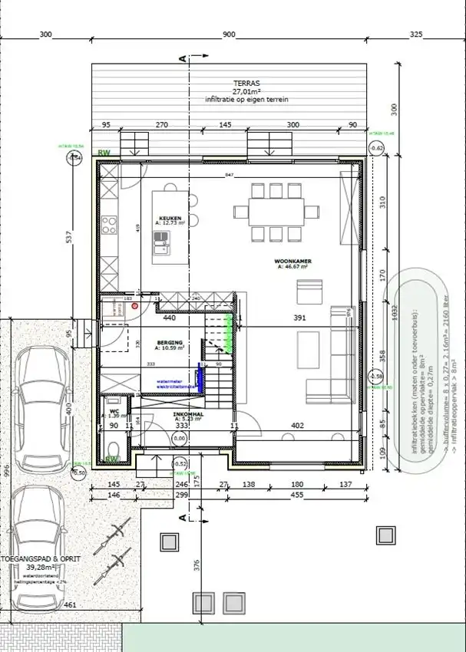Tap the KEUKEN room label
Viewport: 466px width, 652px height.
pos(170,219)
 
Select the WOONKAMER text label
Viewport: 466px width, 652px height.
pos(292,262)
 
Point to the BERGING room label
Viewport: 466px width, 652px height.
pos(170,342)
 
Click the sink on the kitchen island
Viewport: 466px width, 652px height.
pos(161,245)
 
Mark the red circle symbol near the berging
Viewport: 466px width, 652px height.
pos(134,305)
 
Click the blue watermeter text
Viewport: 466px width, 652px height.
pos(168,380)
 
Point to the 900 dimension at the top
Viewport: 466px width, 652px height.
pos(229,35)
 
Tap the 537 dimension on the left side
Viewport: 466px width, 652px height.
pos(68,237)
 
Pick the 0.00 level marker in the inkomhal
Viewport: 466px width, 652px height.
pos(180,438)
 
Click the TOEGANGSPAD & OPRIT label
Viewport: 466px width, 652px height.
pos(40,559)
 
